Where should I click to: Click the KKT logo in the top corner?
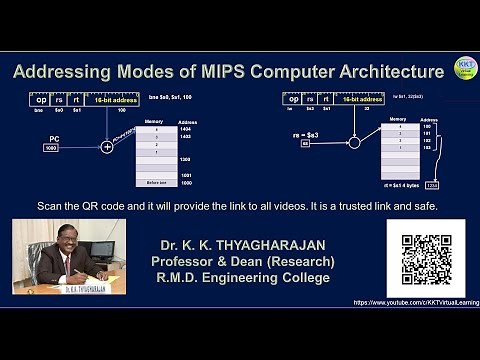click(465, 68)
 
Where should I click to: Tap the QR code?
click(425, 258)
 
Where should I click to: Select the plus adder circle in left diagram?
click(107, 147)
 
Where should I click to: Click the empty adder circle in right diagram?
click(353, 142)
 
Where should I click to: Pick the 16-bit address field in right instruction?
click(358, 99)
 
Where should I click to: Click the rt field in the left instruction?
click(76, 100)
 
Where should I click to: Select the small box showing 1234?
click(432, 184)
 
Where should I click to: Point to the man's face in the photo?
click(68, 239)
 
